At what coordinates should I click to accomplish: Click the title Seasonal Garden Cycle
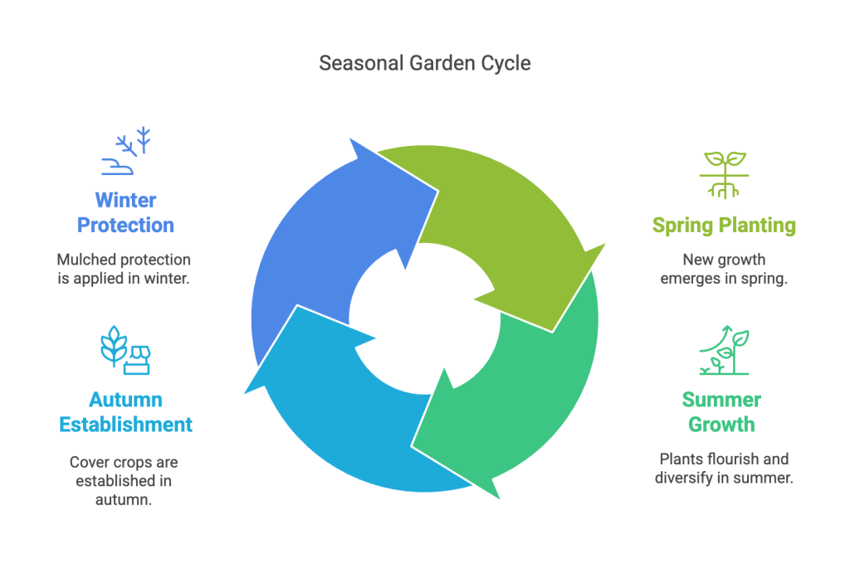click(424, 63)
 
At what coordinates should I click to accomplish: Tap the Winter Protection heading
click(125, 212)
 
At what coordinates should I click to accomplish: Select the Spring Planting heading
click(723, 225)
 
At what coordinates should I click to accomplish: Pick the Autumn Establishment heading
click(125, 412)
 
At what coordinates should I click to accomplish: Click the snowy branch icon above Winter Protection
click(126, 151)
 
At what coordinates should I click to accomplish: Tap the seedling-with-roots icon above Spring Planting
click(724, 174)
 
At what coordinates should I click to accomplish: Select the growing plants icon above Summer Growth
click(723, 351)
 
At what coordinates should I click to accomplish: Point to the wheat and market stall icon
click(125, 348)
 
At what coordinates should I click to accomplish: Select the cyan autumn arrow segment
click(349, 415)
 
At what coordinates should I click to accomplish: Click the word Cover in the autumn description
click(88, 462)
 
